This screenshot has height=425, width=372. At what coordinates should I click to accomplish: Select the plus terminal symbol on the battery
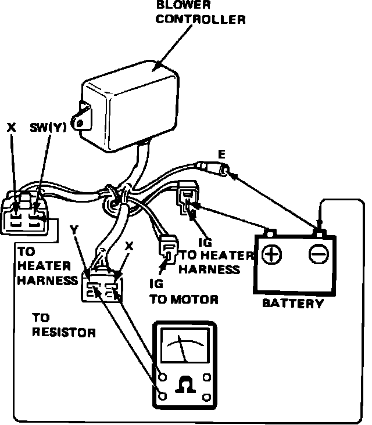pos(270,254)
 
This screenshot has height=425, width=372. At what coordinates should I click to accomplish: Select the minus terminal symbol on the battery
pos(318,254)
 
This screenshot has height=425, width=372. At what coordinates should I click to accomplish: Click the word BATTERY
pos(293,303)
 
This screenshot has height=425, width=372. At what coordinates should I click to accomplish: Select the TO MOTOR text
pos(184,300)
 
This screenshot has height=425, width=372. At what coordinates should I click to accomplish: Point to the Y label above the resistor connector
pos(74,230)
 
